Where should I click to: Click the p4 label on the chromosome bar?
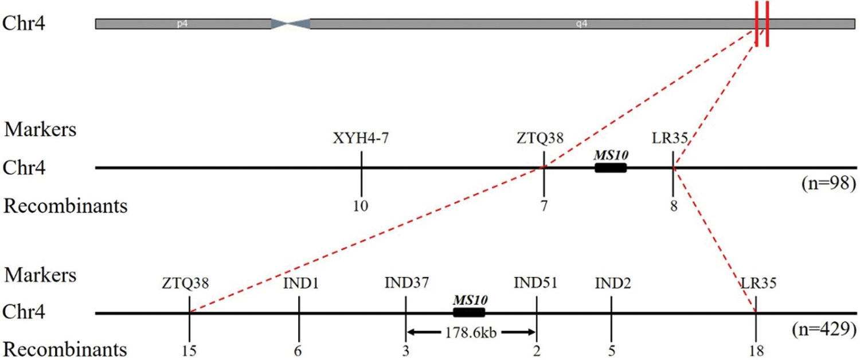coord(182,24)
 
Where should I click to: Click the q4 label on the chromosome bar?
coord(581,24)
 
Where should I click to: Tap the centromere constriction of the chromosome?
coord(291,24)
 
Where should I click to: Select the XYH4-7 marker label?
coord(361,138)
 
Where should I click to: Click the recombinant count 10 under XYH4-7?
coord(361,206)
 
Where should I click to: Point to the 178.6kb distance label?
coord(471,332)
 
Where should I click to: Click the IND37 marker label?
coord(406,283)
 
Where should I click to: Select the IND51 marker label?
coord(535,283)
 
